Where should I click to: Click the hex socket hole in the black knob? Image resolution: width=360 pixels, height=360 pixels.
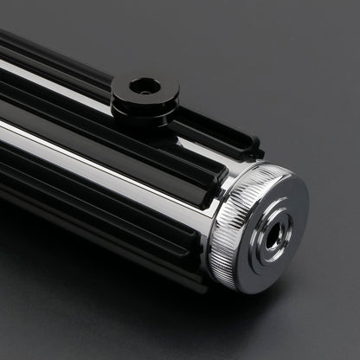click(145, 86)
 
